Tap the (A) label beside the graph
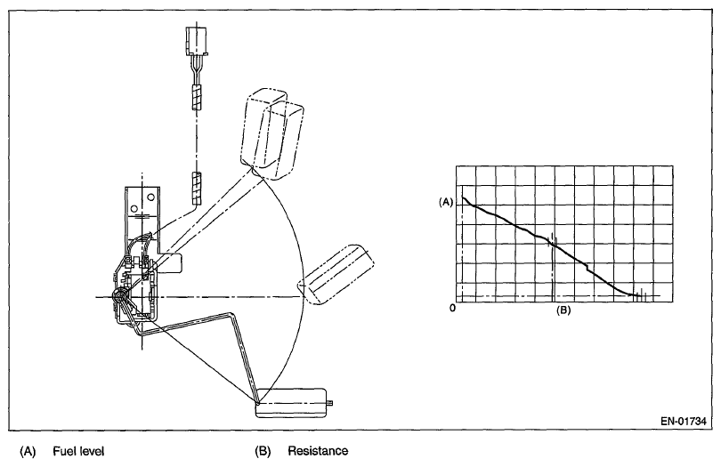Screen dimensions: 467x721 pyautogui.click(x=447, y=202)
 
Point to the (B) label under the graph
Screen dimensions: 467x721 pyautogui.click(x=563, y=310)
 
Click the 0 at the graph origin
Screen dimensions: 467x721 pyautogui.click(x=453, y=308)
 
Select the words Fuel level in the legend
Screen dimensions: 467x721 pyautogui.click(x=79, y=452)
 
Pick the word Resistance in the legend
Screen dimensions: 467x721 pyautogui.click(x=318, y=452)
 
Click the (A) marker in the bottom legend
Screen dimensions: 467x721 pyautogui.click(x=28, y=452)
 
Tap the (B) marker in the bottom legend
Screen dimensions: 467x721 pyautogui.click(x=263, y=452)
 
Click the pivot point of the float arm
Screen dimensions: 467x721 pyautogui.click(x=119, y=295)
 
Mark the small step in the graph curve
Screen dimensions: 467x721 pyautogui.click(x=588, y=266)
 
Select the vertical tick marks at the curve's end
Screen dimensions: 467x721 pyautogui.click(x=638, y=294)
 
